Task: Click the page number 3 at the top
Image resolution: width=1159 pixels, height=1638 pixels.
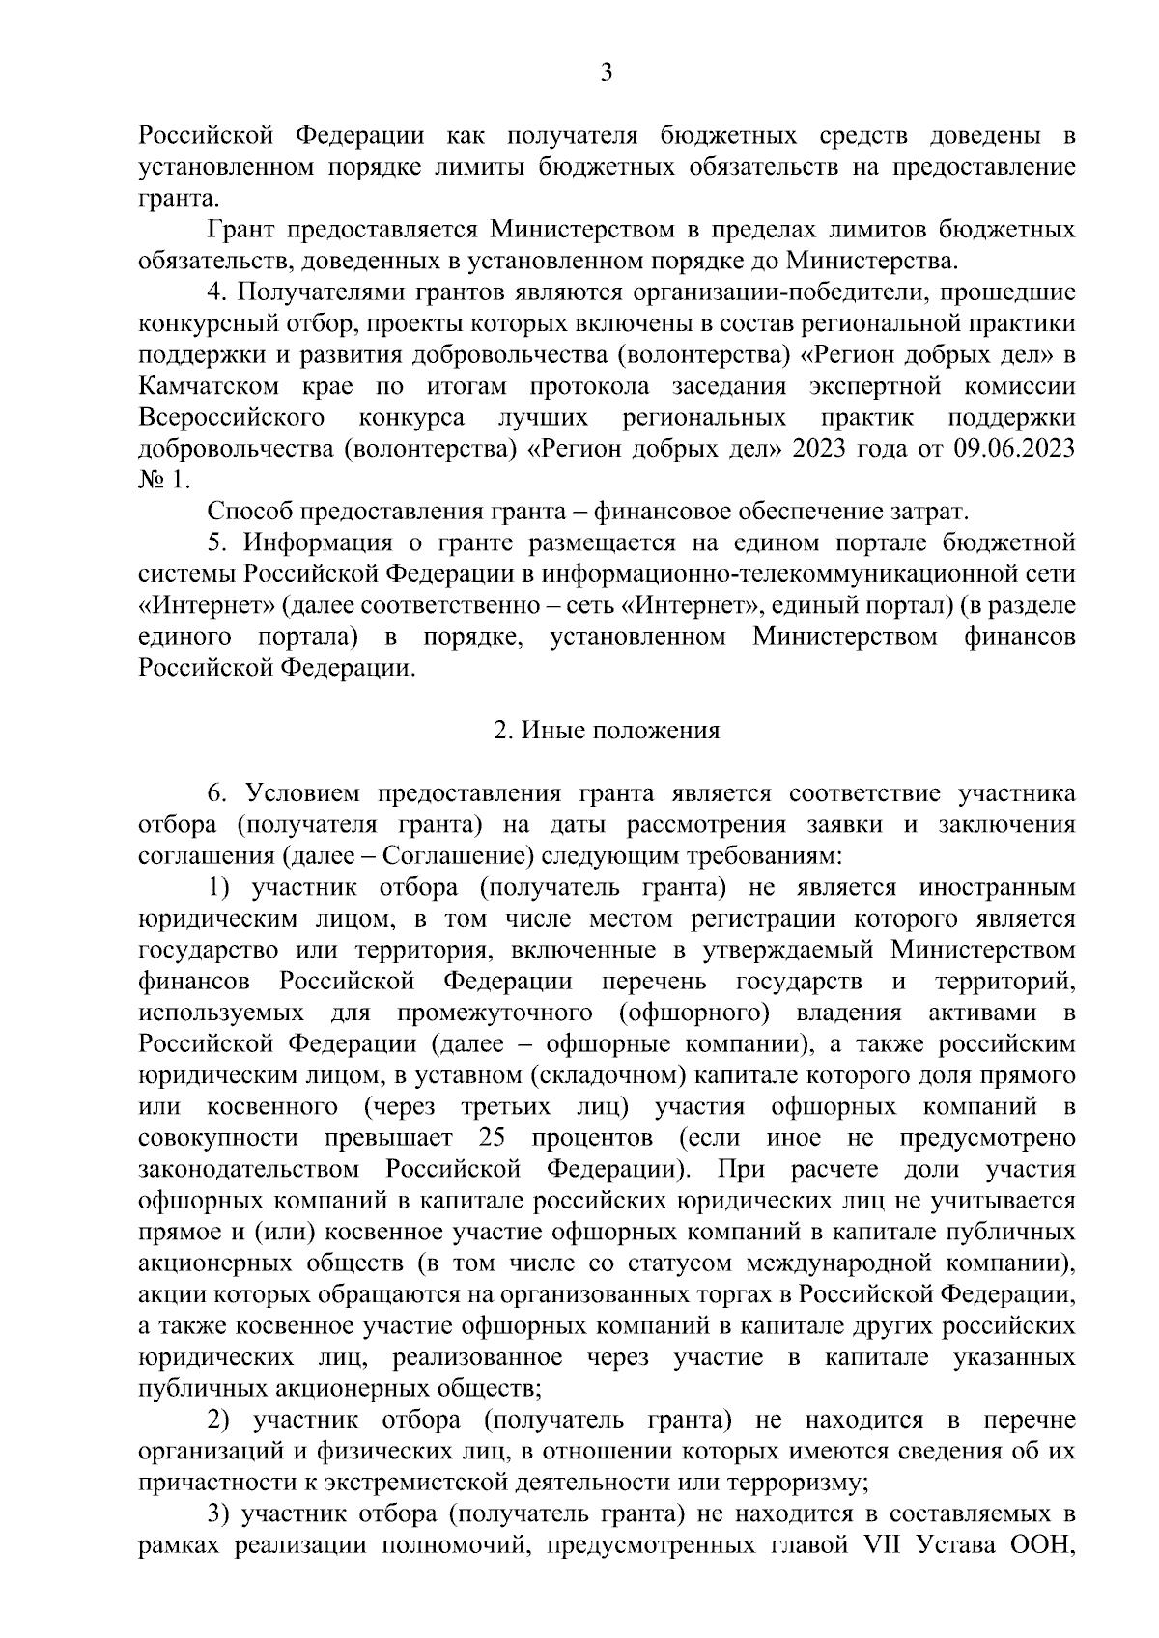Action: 606,72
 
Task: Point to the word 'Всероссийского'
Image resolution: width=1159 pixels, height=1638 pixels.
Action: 231,418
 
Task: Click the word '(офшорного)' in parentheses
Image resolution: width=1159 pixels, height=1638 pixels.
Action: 693,1013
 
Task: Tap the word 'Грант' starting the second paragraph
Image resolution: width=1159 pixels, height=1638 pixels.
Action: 241,230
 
